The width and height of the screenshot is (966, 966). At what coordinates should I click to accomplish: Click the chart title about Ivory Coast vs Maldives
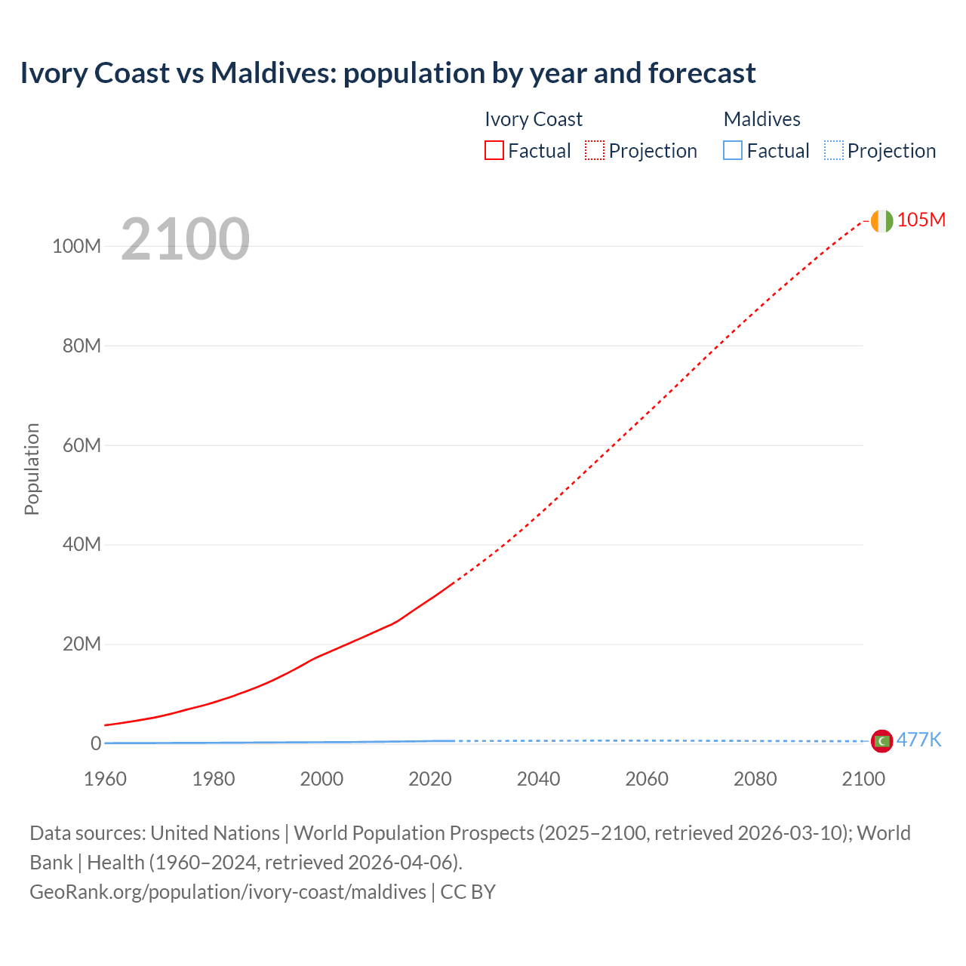387,73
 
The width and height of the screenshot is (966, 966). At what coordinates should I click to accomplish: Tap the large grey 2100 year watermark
185,239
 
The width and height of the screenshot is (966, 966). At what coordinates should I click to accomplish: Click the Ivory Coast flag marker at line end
881,221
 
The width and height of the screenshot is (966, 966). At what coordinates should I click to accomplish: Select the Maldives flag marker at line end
881,741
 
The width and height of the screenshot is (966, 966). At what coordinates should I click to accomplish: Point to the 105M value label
921,220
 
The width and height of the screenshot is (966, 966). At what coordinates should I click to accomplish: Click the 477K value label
918,740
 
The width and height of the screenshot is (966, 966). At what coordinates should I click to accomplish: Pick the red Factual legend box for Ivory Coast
494,150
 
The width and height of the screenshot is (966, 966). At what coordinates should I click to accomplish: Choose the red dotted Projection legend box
595,150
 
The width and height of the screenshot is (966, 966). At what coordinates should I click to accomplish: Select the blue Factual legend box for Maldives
733,150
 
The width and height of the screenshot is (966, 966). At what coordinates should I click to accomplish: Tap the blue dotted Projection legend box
834,150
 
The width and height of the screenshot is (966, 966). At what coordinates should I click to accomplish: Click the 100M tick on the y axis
76,246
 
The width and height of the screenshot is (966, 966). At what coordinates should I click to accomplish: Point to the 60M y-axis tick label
82,445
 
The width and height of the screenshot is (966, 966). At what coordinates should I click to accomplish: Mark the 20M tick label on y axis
82,644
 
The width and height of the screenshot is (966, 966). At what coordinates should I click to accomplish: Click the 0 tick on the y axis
96,743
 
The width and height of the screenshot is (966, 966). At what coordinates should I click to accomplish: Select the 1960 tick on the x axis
105,779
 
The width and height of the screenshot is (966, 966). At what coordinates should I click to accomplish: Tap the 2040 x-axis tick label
538,779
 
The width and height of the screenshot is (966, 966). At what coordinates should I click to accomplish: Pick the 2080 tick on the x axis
755,779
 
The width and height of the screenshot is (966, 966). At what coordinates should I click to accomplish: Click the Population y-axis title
32,469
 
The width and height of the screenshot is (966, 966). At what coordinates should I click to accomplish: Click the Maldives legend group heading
761,119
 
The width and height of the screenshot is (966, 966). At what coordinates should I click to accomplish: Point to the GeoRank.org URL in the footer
228,892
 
